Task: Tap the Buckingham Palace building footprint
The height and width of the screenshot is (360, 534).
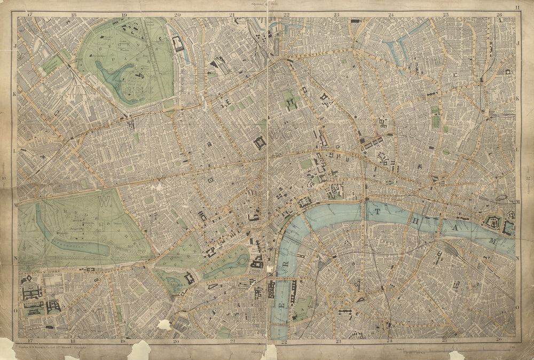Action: pos(189,278)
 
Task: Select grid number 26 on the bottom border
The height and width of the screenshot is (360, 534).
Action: pos(499,340)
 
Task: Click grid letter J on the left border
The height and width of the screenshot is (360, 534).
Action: pos(15,45)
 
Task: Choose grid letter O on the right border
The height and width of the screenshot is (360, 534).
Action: pos(517,308)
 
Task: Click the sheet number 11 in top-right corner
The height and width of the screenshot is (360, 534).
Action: pos(517,6)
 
